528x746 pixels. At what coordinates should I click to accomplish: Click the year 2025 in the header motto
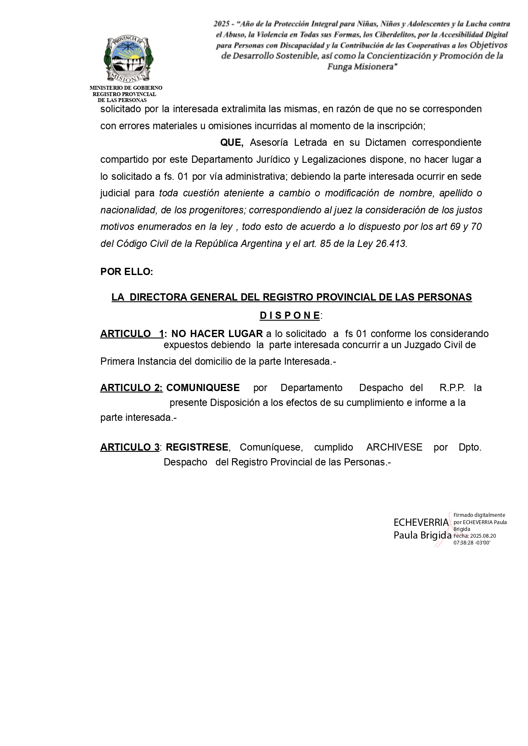221,24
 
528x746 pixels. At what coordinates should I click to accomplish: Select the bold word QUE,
232,143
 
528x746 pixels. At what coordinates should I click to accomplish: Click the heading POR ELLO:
127,272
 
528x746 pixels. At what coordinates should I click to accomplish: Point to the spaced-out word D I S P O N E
290,315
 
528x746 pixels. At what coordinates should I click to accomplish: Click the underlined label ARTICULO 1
132,334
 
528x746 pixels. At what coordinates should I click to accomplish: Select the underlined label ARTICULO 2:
131,388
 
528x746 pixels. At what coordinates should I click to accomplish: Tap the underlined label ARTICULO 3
130,447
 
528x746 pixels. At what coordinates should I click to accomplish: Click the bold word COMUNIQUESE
203,388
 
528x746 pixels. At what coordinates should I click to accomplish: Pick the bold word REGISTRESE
197,447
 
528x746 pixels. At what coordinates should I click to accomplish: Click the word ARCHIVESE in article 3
394,447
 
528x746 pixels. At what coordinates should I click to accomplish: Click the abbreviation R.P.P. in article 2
452,388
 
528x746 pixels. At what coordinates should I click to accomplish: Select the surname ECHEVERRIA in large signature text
421,522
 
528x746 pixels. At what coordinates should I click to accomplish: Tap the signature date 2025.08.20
483,536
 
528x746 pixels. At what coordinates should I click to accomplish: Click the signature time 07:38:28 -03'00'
472,543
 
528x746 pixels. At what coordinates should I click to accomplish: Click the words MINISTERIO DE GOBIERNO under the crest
126,88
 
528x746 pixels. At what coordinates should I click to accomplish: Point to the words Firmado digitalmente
479,515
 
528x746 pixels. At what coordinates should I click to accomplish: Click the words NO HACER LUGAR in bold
217,334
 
